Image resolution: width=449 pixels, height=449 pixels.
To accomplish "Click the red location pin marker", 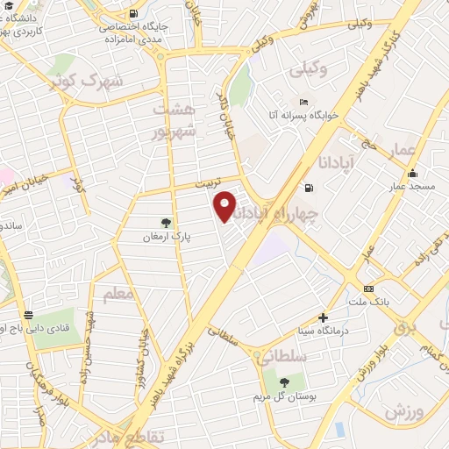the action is (x=225, y=205).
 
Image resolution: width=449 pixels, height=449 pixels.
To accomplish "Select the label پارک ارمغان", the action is (x=167, y=237).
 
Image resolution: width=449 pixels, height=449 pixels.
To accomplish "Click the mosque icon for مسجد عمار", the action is (x=411, y=172).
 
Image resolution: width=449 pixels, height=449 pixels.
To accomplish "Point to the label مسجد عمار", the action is (x=410, y=187).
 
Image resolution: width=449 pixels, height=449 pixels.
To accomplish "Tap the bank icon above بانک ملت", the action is (x=368, y=289).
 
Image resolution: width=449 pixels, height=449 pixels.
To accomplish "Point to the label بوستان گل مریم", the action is (x=283, y=396).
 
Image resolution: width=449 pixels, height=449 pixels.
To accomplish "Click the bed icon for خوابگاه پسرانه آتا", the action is (x=303, y=100).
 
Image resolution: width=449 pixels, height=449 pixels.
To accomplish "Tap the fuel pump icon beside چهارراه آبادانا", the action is (x=308, y=188).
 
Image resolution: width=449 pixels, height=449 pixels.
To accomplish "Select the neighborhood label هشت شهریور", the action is (x=171, y=120).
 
